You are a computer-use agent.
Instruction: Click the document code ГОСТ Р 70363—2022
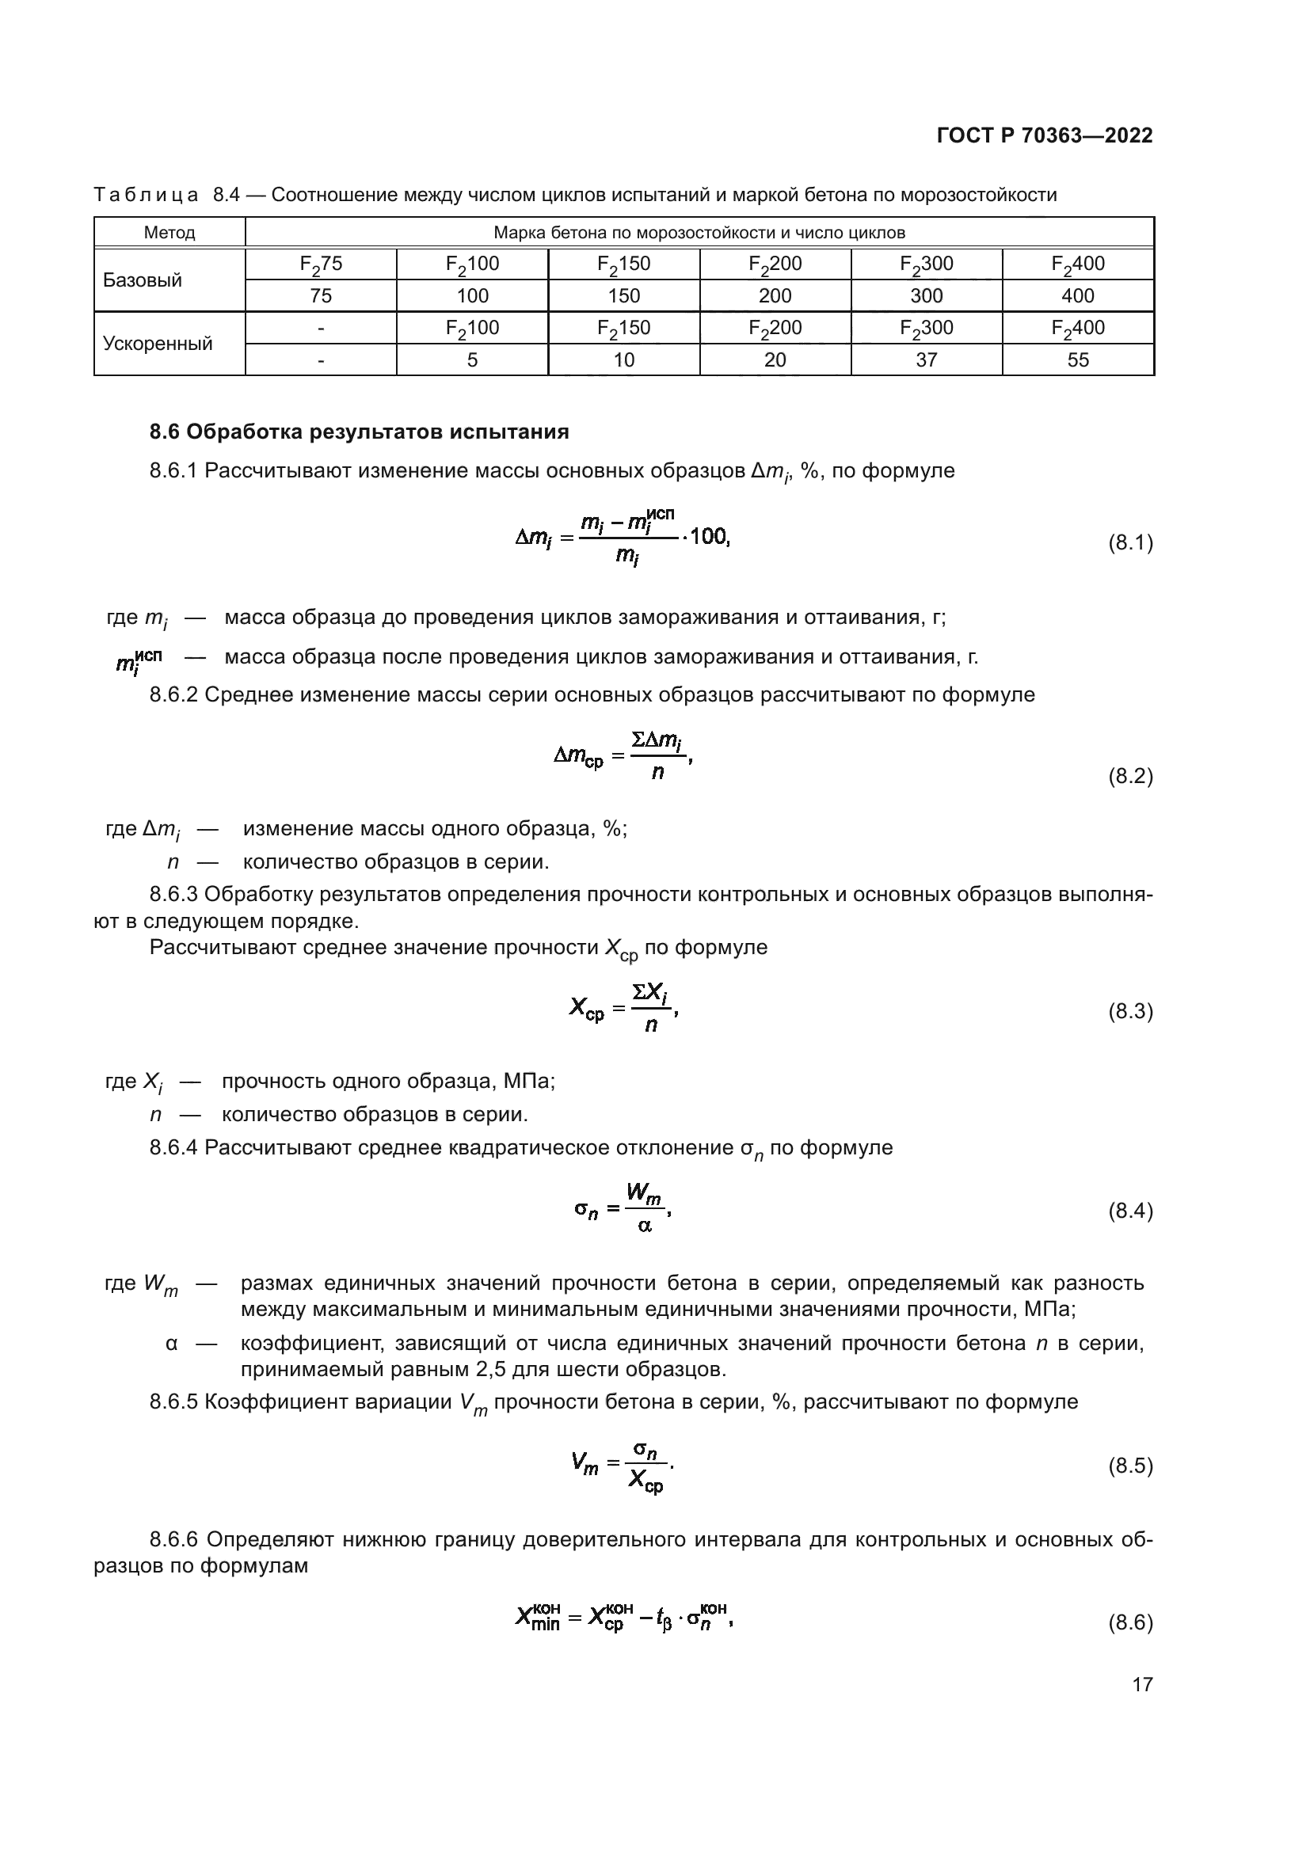pyautogui.click(x=1045, y=135)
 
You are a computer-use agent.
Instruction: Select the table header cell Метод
pyautogui.click(x=169, y=233)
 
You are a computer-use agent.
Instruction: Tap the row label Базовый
pyautogui.click(x=142, y=281)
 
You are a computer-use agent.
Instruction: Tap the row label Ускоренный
pyautogui.click(x=158, y=344)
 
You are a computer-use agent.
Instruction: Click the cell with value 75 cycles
pyautogui.click(x=320, y=296)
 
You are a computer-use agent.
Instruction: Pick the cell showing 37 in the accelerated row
pyautogui.click(x=926, y=359)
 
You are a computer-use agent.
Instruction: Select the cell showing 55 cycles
pyautogui.click(x=1078, y=359)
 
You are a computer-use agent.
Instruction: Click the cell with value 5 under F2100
pyautogui.click(x=472, y=359)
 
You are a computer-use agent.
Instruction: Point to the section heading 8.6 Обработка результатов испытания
pyautogui.click(x=359, y=432)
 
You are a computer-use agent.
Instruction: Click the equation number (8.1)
pyautogui.click(x=1130, y=543)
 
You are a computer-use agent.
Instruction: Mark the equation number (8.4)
pyautogui.click(x=1130, y=1211)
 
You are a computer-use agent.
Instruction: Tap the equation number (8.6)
pyautogui.click(x=1130, y=1622)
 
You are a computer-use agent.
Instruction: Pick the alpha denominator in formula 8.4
pyautogui.click(x=645, y=1226)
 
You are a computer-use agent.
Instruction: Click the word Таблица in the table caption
pyautogui.click(x=146, y=195)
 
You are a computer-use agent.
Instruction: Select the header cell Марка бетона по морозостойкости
pyautogui.click(x=699, y=233)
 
